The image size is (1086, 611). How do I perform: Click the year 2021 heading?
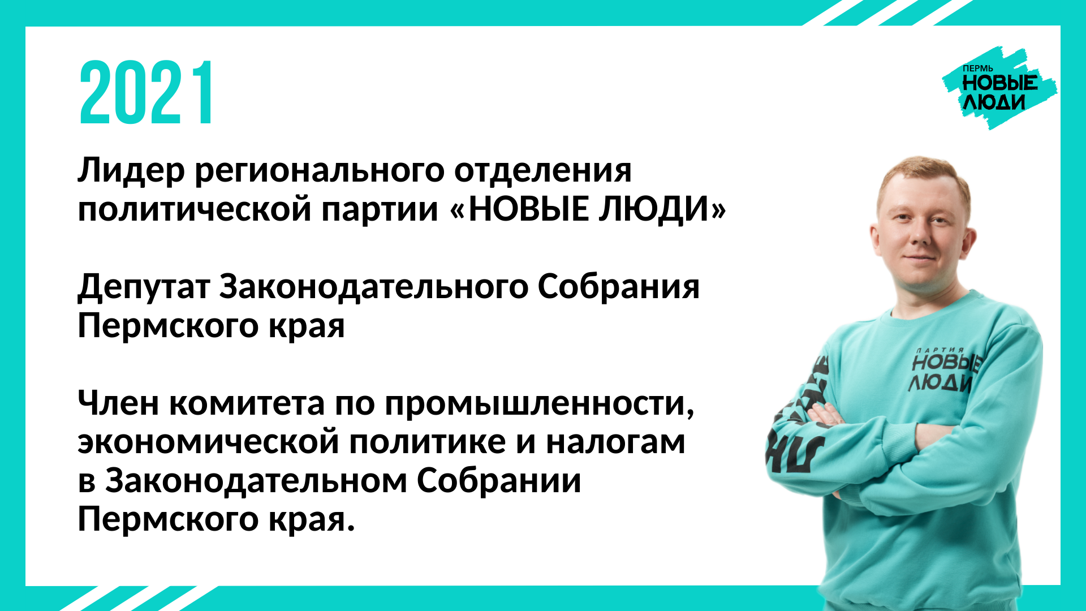point(146,93)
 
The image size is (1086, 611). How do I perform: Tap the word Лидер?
point(131,171)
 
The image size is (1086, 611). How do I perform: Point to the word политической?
point(195,209)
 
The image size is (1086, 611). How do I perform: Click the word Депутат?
point(144,287)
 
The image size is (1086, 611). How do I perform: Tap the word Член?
point(118,404)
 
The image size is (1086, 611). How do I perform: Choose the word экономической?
point(208,443)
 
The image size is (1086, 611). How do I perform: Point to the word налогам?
point(615,443)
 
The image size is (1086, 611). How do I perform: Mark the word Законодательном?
point(256,481)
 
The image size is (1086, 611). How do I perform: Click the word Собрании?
point(499,480)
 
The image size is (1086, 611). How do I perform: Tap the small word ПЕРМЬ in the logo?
point(978,69)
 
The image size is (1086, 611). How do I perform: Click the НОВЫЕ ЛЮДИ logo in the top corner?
point(999,88)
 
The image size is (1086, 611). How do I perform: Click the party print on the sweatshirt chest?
point(943,370)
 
